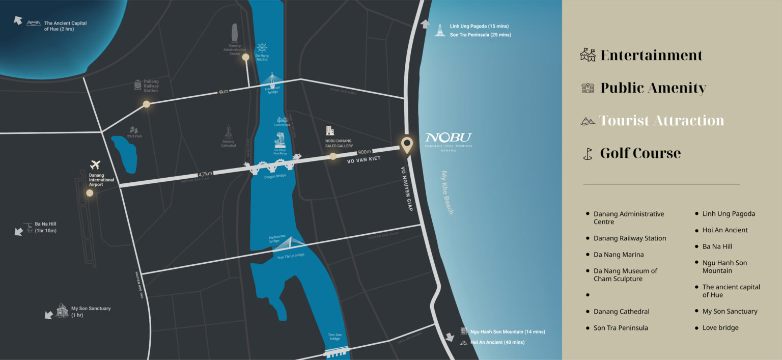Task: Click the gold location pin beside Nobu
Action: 406,145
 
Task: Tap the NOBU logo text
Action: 449,137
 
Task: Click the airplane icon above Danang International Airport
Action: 95,164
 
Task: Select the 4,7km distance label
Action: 205,174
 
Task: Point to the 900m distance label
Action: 364,151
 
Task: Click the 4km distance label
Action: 223,92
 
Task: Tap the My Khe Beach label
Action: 447,192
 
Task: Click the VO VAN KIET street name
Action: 365,160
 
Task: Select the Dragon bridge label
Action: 275,176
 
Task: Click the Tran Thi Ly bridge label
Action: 290,256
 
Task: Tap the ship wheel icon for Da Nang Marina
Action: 262,48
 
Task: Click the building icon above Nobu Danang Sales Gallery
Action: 330,130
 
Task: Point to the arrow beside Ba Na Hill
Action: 19,231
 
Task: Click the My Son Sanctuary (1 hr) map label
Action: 91,312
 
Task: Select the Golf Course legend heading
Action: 640,153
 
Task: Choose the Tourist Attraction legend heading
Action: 661,121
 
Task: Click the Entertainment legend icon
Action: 588,55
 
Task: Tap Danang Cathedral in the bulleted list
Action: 621,312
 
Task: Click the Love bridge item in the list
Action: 720,328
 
